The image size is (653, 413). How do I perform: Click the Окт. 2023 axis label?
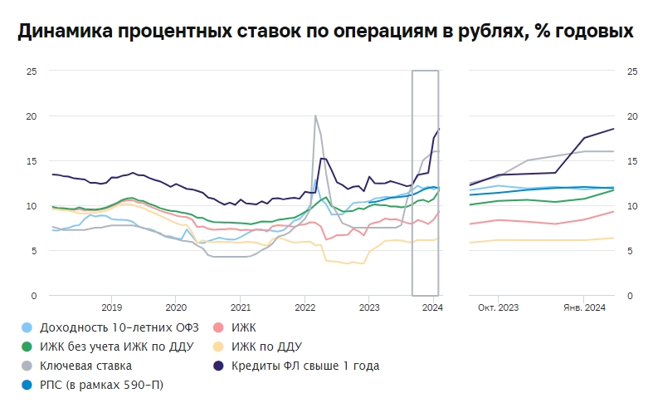coord(498,308)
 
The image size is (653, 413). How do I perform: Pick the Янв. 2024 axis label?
coord(586,308)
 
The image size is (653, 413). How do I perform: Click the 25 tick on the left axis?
coord(32,71)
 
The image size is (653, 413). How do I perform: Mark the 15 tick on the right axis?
coord(632,161)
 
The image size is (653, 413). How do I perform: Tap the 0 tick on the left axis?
coord(35,296)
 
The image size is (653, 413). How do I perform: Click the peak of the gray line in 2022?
coord(315,116)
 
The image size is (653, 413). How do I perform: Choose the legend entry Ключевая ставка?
coord(85,365)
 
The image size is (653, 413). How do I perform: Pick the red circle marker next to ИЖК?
coord(219,328)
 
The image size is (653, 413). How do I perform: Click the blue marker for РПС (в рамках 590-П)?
coord(27,384)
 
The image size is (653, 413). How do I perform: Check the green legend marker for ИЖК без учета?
coord(27,347)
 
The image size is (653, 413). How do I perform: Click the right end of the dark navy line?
coord(614,129)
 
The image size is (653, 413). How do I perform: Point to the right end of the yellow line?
coord(614,238)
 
